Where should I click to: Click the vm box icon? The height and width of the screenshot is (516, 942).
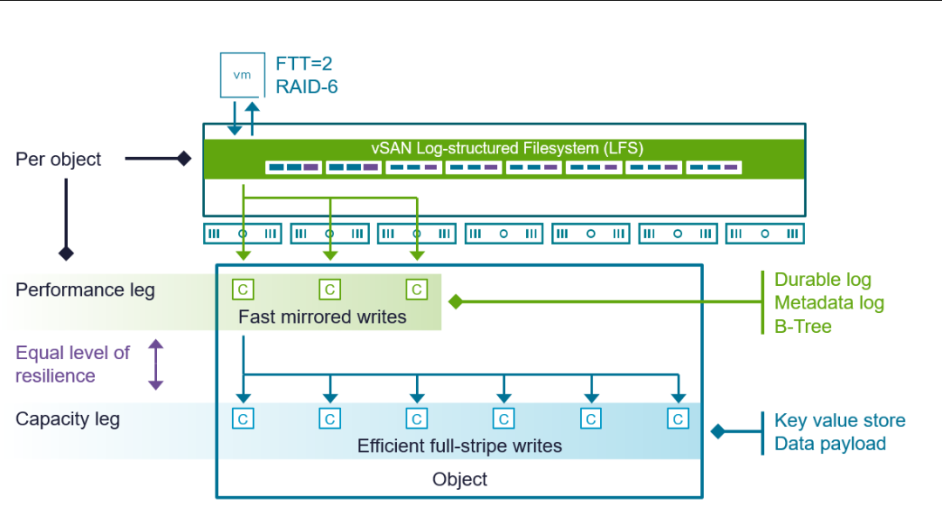point(242,75)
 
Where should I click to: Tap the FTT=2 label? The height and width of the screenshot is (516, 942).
point(304,64)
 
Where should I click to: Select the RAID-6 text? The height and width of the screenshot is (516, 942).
point(306,86)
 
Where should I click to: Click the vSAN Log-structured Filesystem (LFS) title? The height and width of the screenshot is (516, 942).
point(507,148)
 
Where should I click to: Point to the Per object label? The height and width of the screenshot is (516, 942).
point(58,160)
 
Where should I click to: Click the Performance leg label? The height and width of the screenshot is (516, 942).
point(85,290)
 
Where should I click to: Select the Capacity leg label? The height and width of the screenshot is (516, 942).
point(68,419)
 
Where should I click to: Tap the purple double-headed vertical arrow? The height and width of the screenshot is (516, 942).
point(155,364)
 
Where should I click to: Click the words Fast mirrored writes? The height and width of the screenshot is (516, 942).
point(323,317)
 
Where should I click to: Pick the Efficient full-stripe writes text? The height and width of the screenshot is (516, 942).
point(460,446)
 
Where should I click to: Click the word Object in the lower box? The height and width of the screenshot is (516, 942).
point(460,479)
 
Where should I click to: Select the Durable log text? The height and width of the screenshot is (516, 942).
point(823,280)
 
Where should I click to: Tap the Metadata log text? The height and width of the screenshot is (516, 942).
point(829,303)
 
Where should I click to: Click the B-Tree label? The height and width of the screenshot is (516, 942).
point(802,327)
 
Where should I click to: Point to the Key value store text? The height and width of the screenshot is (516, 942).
point(839,421)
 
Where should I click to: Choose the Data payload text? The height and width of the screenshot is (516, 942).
point(829,444)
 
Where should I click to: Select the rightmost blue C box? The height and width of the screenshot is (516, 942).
point(679,419)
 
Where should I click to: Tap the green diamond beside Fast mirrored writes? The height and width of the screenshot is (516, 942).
point(455,302)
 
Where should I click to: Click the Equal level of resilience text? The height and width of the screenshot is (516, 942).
point(72,364)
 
